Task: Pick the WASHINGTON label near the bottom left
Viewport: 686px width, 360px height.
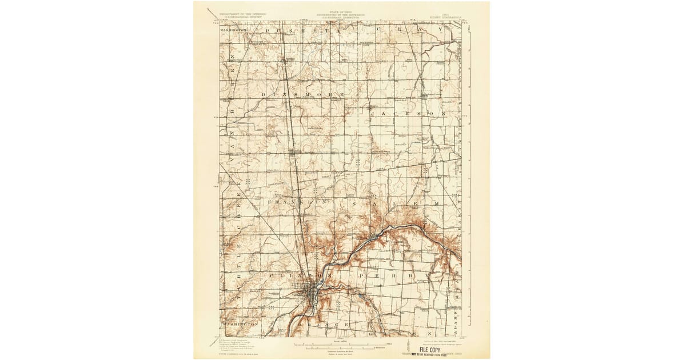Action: (x=242, y=324)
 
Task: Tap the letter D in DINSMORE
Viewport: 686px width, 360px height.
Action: (x=264, y=94)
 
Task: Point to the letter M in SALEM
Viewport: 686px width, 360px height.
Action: (x=436, y=203)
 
